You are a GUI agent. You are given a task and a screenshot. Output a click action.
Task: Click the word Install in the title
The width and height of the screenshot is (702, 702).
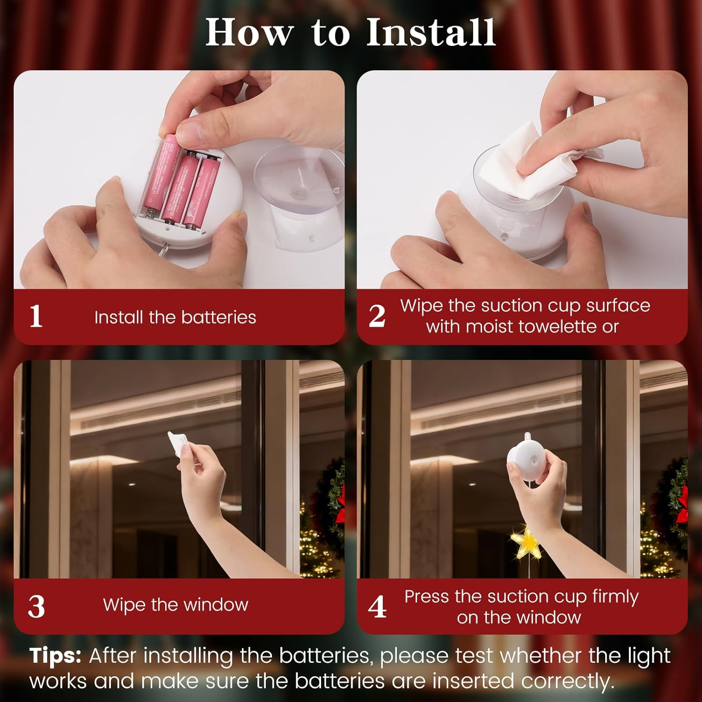click(431, 32)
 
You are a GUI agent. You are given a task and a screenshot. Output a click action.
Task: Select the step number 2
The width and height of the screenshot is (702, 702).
click(377, 316)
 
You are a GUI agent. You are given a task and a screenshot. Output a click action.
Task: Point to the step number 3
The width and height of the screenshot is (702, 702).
click(37, 607)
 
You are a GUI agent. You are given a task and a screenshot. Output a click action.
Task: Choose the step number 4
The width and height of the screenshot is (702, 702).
click(377, 607)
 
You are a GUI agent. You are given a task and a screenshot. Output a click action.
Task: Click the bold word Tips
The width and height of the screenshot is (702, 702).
click(55, 656)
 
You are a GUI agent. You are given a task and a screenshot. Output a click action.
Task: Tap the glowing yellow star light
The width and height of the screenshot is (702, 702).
click(526, 542)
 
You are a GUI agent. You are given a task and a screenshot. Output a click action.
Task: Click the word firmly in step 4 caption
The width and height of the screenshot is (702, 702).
click(615, 597)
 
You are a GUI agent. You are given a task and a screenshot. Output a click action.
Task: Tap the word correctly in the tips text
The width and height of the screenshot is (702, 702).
click(567, 681)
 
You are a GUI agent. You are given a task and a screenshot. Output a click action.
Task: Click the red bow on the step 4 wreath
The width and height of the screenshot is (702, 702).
click(682, 503)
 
